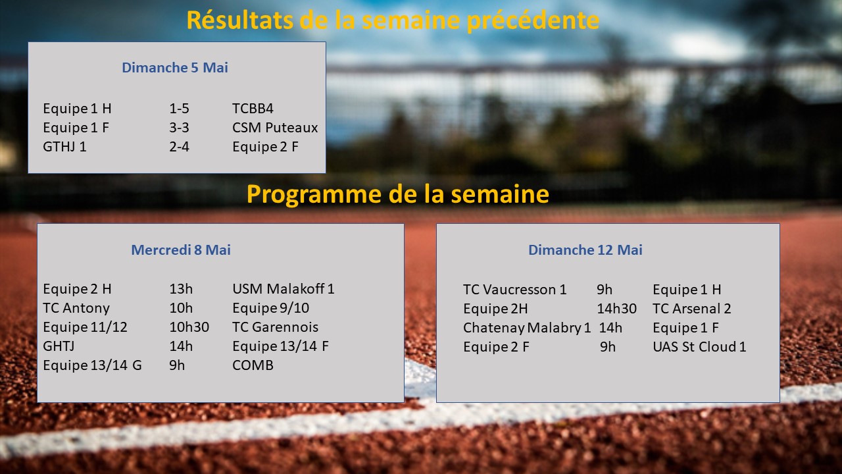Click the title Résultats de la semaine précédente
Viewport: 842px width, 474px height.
pos(393,20)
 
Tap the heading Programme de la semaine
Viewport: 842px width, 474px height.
pos(398,194)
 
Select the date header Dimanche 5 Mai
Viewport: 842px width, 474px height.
pos(175,68)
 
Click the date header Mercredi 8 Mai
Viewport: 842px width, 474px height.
pos(181,250)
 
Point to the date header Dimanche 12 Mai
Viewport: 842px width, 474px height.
pos(585,250)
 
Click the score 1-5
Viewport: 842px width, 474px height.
pos(179,109)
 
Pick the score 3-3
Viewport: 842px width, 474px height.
pos(179,128)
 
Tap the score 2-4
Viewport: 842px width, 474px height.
pos(179,147)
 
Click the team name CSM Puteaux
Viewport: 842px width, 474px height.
pos(275,128)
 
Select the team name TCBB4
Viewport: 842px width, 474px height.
pos(253,109)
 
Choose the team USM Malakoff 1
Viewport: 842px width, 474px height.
pos(283,289)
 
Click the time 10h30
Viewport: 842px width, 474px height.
pos(189,327)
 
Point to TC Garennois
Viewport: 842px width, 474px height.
pos(275,327)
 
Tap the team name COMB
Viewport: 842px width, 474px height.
pos(253,365)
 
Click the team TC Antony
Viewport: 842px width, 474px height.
pos(76,308)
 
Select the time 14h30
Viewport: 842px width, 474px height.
pos(617,309)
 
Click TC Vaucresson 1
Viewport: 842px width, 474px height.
pos(514,290)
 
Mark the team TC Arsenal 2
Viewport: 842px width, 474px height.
pos(691,309)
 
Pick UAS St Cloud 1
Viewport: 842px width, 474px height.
pos(699,347)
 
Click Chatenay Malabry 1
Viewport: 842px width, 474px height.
pos(527,328)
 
